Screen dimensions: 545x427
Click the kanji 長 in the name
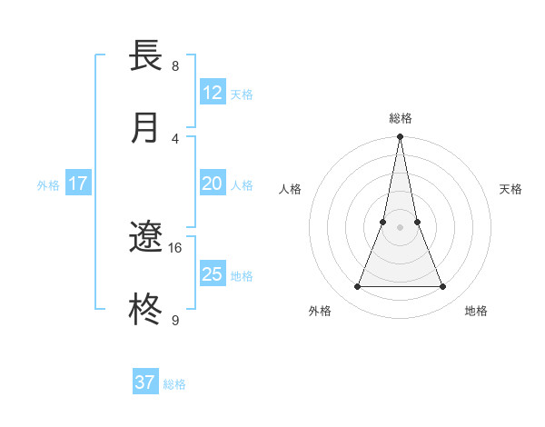[146, 55]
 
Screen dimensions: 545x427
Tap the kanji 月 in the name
[146, 128]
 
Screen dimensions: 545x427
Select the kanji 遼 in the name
[146, 238]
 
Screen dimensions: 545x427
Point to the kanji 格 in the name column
[146, 311]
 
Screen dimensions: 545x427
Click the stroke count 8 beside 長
[175, 65]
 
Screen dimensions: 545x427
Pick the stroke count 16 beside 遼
[175, 247]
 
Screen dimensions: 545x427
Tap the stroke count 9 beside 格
[175, 320]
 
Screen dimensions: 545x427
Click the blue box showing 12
[213, 93]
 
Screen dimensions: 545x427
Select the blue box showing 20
[213, 184]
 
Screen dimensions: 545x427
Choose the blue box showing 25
[213, 274]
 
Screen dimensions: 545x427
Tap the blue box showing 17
[78, 184]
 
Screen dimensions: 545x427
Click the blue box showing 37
[145, 382]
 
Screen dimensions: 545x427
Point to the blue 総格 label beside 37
[174, 384]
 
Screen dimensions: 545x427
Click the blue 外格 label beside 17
[48, 185]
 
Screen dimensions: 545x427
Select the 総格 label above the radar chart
[400, 118]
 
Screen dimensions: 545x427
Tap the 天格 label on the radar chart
[510, 189]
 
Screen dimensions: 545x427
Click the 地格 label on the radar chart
[476, 311]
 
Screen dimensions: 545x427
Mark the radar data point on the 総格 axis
[400, 137]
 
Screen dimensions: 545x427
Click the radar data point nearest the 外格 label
[357, 287]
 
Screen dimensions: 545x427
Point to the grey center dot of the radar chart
[400, 227]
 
